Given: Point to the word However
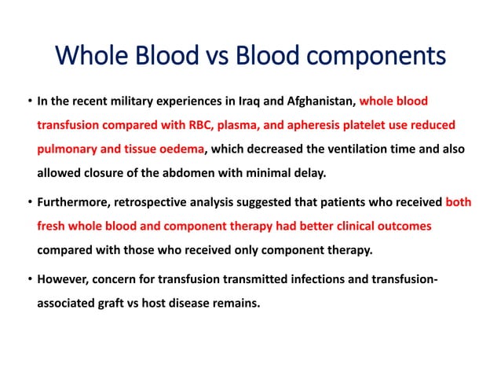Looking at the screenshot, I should (63, 278).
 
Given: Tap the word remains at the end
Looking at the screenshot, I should (236, 301).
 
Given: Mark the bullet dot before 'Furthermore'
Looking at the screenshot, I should (28, 203).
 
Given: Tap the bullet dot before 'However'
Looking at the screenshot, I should (28, 279).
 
